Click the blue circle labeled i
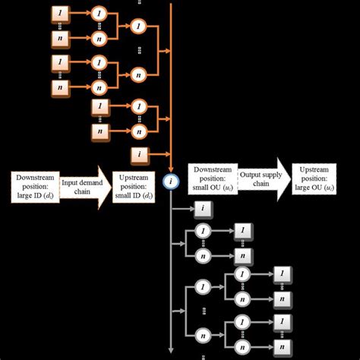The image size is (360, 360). coord(171,182)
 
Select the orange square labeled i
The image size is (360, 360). coord(140,156)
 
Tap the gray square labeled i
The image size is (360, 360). coord(202,207)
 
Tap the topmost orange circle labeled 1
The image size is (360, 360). coord(99,13)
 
